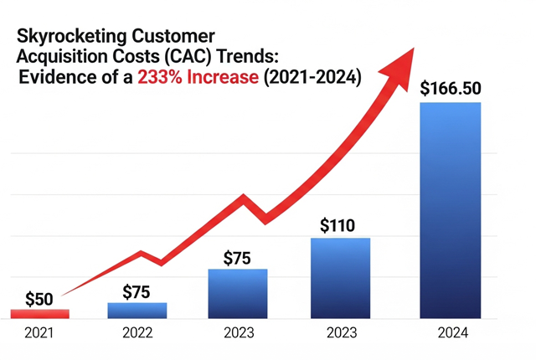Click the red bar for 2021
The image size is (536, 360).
(39, 314)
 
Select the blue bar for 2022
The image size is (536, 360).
(137, 310)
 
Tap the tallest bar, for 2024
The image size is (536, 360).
(450, 209)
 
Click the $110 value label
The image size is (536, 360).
(340, 225)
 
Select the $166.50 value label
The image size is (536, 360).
(450, 88)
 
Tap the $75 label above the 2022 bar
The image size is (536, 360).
(137, 291)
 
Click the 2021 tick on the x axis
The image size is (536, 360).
(39, 332)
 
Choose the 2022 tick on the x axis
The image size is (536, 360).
(137, 332)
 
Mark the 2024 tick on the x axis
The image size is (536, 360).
(450, 332)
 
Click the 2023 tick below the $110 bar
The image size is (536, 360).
(340, 332)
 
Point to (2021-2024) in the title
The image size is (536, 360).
(318, 80)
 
